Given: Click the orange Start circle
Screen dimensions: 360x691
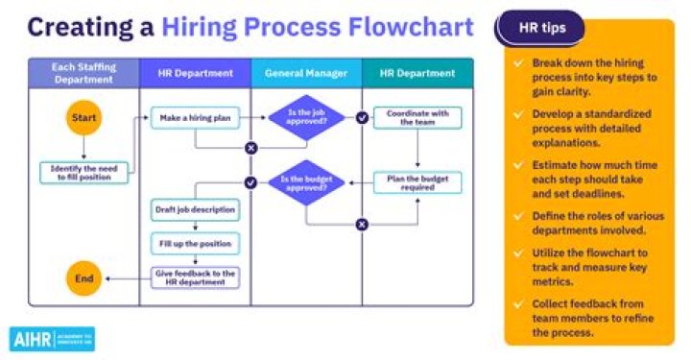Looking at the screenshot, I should pos(84,117).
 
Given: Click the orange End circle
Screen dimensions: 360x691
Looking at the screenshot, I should pos(84,278).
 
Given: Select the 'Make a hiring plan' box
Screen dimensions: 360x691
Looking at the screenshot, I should pos(195,117).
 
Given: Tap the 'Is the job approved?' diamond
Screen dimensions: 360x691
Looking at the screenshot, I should pos(306,118).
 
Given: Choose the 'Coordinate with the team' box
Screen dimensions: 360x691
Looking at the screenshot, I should pos(417,117).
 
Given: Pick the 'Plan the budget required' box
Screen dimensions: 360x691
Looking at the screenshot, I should pos(417,182).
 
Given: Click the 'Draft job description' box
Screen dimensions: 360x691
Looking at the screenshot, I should pos(196,209).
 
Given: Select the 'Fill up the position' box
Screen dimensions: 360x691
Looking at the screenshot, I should pos(196,243).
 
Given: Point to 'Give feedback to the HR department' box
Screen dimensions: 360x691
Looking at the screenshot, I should pos(196,277).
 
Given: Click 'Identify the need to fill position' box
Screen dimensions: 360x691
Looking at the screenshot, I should pos(84,173).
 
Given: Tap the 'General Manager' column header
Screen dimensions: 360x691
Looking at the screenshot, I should pos(306,73).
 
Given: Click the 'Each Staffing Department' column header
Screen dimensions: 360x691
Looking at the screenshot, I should pos(84,73).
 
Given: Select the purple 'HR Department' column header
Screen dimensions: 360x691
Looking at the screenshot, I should pos(196,73).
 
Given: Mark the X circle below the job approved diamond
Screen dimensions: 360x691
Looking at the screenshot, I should pos(250,148).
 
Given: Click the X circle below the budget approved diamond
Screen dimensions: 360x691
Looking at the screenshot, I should pos(362,225).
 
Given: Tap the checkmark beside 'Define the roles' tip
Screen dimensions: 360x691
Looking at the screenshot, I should pos(518,217).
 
